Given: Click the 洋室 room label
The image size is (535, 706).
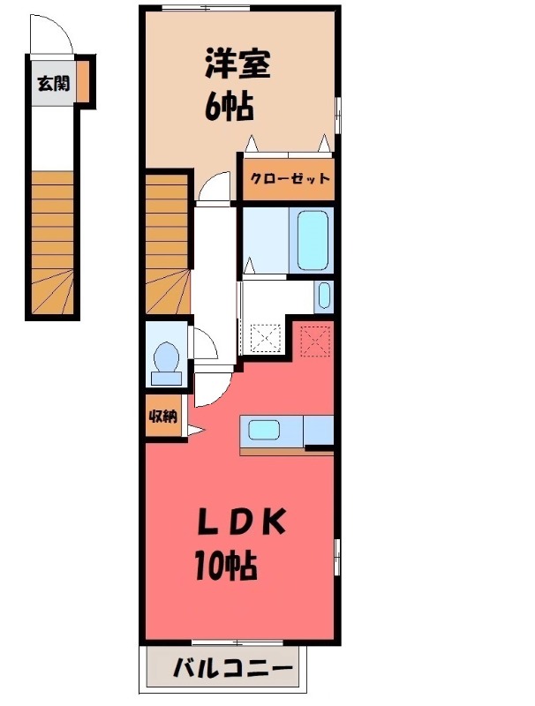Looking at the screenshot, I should coord(237,64).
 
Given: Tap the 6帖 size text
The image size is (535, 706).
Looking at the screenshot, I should coord(230,107).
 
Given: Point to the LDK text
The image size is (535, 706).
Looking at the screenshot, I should coord(240,522).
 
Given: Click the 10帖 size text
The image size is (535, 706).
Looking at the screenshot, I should coord(225,564).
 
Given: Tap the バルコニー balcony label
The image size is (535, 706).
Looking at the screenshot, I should coord(232,669).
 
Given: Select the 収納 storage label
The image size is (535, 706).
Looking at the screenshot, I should coord(162,417).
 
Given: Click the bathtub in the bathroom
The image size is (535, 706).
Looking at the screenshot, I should coord(313,240).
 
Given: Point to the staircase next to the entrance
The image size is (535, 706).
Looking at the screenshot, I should coord(52,243).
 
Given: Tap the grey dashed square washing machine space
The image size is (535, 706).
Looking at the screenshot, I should coord(264,336).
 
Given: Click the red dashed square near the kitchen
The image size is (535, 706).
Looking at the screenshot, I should coord(314,338).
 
